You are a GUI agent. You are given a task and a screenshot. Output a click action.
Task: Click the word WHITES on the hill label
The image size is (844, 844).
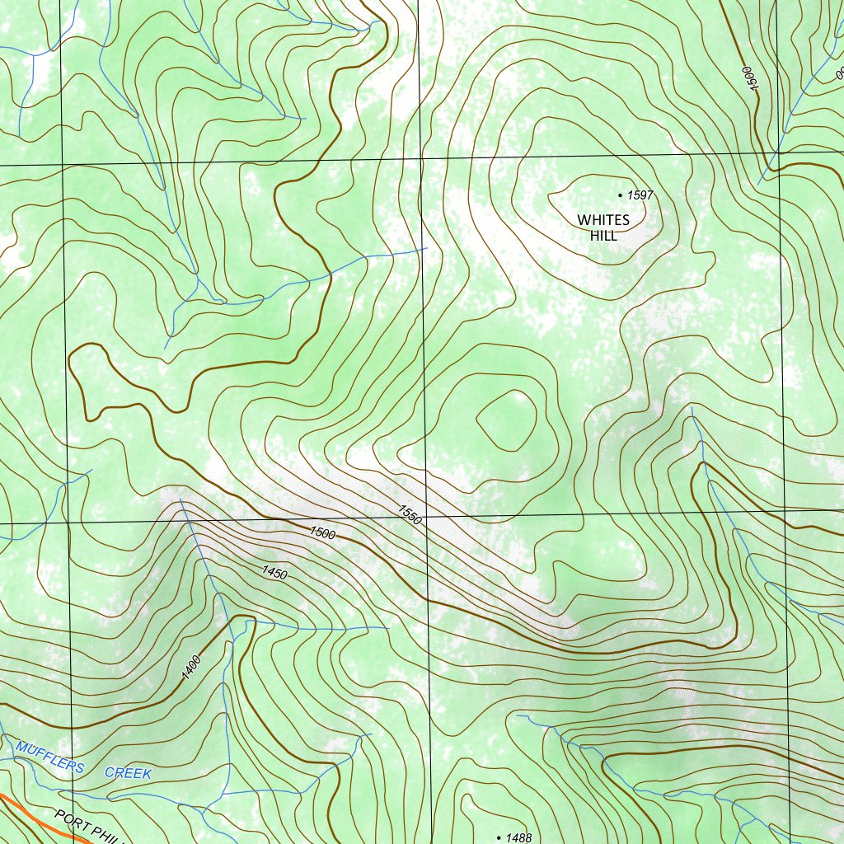click(x=603, y=220)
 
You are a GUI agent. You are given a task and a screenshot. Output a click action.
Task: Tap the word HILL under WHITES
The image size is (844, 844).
click(x=603, y=236)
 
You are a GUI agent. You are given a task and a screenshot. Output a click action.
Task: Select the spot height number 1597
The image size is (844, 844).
click(x=640, y=195)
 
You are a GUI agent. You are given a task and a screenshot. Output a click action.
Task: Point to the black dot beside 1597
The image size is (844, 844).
click(x=620, y=195)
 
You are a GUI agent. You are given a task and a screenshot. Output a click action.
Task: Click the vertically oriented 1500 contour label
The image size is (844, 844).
click(x=748, y=82)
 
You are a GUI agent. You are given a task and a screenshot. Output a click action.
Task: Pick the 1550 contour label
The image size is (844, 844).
click(x=410, y=515)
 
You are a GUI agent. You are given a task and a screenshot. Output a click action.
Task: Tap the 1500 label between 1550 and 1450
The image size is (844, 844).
click(x=322, y=532)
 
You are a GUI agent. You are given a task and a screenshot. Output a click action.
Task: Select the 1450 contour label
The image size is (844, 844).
click(x=274, y=571)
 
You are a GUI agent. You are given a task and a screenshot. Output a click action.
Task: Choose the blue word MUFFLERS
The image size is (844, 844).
click(x=49, y=757)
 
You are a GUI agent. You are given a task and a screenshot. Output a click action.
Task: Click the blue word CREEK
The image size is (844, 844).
click(x=128, y=774)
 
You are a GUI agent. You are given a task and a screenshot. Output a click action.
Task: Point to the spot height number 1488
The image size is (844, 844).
click(x=519, y=837)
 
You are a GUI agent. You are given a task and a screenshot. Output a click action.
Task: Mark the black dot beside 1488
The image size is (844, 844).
click(x=499, y=837)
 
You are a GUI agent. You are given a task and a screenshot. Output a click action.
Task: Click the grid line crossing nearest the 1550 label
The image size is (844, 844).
click(x=426, y=518)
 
